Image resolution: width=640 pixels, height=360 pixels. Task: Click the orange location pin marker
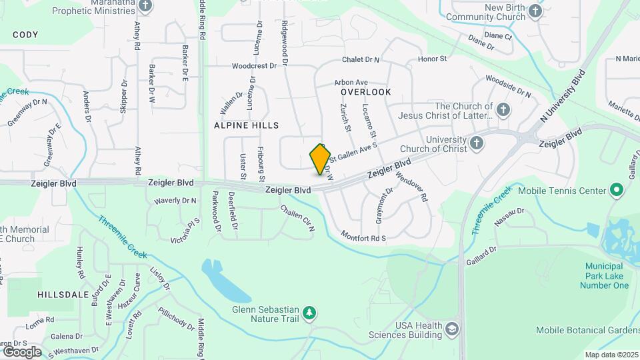(x=321, y=159)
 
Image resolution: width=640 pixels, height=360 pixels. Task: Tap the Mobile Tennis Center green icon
(x=617, y=191)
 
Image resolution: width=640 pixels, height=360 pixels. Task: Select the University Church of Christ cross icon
(x=476, y=142)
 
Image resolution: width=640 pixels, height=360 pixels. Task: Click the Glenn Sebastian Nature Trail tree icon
(x=309, y=311)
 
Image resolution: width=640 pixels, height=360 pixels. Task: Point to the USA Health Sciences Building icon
(x=452, y=329)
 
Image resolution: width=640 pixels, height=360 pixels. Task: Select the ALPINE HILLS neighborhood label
(x=247, y=125)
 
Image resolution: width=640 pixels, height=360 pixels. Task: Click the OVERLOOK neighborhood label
(x=365, y=91)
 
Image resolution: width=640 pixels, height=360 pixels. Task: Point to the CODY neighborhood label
(x=25, y=35)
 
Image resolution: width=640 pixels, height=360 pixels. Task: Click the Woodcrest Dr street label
(x=254, y=66)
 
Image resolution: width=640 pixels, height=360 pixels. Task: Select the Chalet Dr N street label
(x=361, y=60)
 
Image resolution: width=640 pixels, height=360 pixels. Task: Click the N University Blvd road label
(x=563, y=94)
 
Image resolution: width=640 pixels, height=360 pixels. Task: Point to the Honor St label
(x=432, y=59)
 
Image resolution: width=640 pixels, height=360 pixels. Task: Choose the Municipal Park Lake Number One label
(x=607, y=276)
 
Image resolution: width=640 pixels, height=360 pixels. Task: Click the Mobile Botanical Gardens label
(x=587, y=330)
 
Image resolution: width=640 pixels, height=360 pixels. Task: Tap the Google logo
(x=22, y=351)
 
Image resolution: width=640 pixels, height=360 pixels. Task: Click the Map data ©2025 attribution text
(x=611, y=355)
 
